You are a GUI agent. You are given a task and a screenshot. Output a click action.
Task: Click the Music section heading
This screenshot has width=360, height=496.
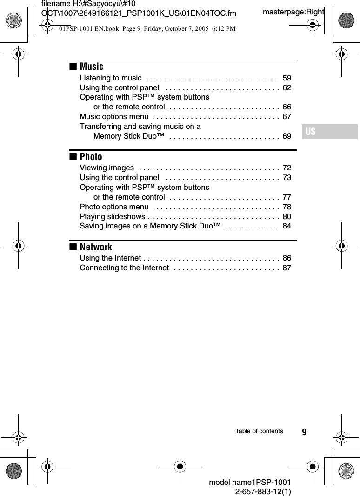(x=91, y=67)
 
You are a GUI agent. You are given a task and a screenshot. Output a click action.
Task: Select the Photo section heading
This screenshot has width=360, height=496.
(x=91, y=157)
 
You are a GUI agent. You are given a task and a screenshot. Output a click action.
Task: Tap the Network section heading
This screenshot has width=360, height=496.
(x=96, y=247)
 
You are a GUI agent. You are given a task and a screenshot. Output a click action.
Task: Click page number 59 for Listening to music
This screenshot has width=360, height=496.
(x=287, y=78)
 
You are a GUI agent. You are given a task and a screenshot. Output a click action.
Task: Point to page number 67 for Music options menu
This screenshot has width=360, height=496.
(x=287, y=116)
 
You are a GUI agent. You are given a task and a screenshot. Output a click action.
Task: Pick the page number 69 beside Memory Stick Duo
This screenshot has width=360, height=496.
(x=287, y=136)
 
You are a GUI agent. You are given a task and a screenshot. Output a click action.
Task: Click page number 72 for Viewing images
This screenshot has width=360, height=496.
(x=287, y=168)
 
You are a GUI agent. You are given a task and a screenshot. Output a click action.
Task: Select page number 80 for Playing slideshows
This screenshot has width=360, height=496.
(x=287, y=216)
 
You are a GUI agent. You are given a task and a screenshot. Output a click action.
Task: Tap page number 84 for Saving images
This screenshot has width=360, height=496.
(x=287, y=226)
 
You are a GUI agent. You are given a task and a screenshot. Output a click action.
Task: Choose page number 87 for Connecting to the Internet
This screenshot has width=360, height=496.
(x=287, y=268)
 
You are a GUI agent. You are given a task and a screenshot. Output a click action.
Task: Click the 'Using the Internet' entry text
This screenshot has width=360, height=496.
(x=110, y=258)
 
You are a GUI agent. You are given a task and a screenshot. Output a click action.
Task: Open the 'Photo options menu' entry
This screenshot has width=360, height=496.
(x=114, y=207)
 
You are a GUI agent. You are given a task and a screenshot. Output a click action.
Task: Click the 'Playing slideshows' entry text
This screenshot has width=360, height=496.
(x=112, y=216)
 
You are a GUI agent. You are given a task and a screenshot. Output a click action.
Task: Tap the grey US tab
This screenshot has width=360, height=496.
(x=329, y=132)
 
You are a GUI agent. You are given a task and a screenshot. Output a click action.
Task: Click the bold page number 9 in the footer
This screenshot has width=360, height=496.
(x=304, y=432)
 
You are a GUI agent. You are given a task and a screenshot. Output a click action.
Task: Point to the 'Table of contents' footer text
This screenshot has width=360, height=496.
(x=259, y=431)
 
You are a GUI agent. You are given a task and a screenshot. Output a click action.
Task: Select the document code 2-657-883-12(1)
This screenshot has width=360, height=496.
(x=263, y=491)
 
